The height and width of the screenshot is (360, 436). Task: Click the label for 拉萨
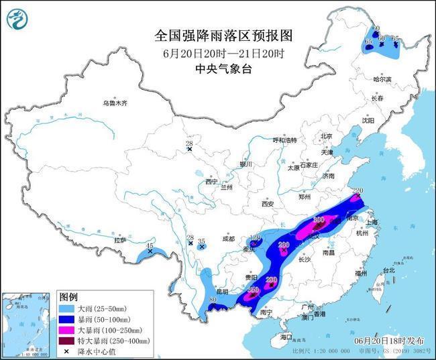(120, 239)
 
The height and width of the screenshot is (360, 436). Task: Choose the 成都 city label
(228, 238)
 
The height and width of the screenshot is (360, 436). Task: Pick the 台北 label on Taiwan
(389, 270)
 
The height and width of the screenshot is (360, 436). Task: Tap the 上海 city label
(374, 222)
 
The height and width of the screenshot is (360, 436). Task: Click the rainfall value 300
(319, 219)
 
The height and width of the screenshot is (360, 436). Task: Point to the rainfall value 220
(357, 191)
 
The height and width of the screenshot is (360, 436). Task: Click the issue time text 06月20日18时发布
(389, 341)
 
